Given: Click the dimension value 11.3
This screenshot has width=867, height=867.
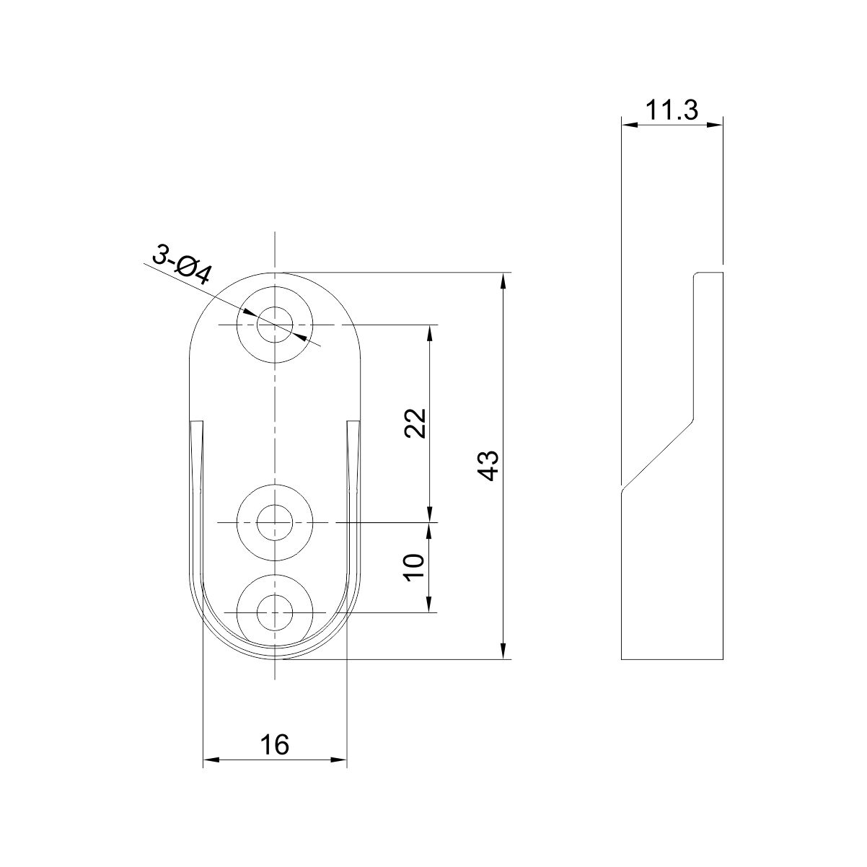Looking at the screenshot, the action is click(x=672, y=110).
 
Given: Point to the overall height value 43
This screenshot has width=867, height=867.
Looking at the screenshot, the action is click(x=488, y=465).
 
